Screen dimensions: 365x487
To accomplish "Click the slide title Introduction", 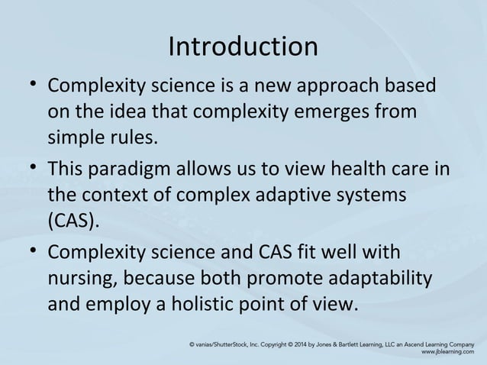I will click(x=243, y=47).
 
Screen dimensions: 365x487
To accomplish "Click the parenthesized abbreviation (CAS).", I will click(x=73, y=222).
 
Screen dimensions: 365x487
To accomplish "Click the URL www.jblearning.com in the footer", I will click(x=447, y=354).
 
